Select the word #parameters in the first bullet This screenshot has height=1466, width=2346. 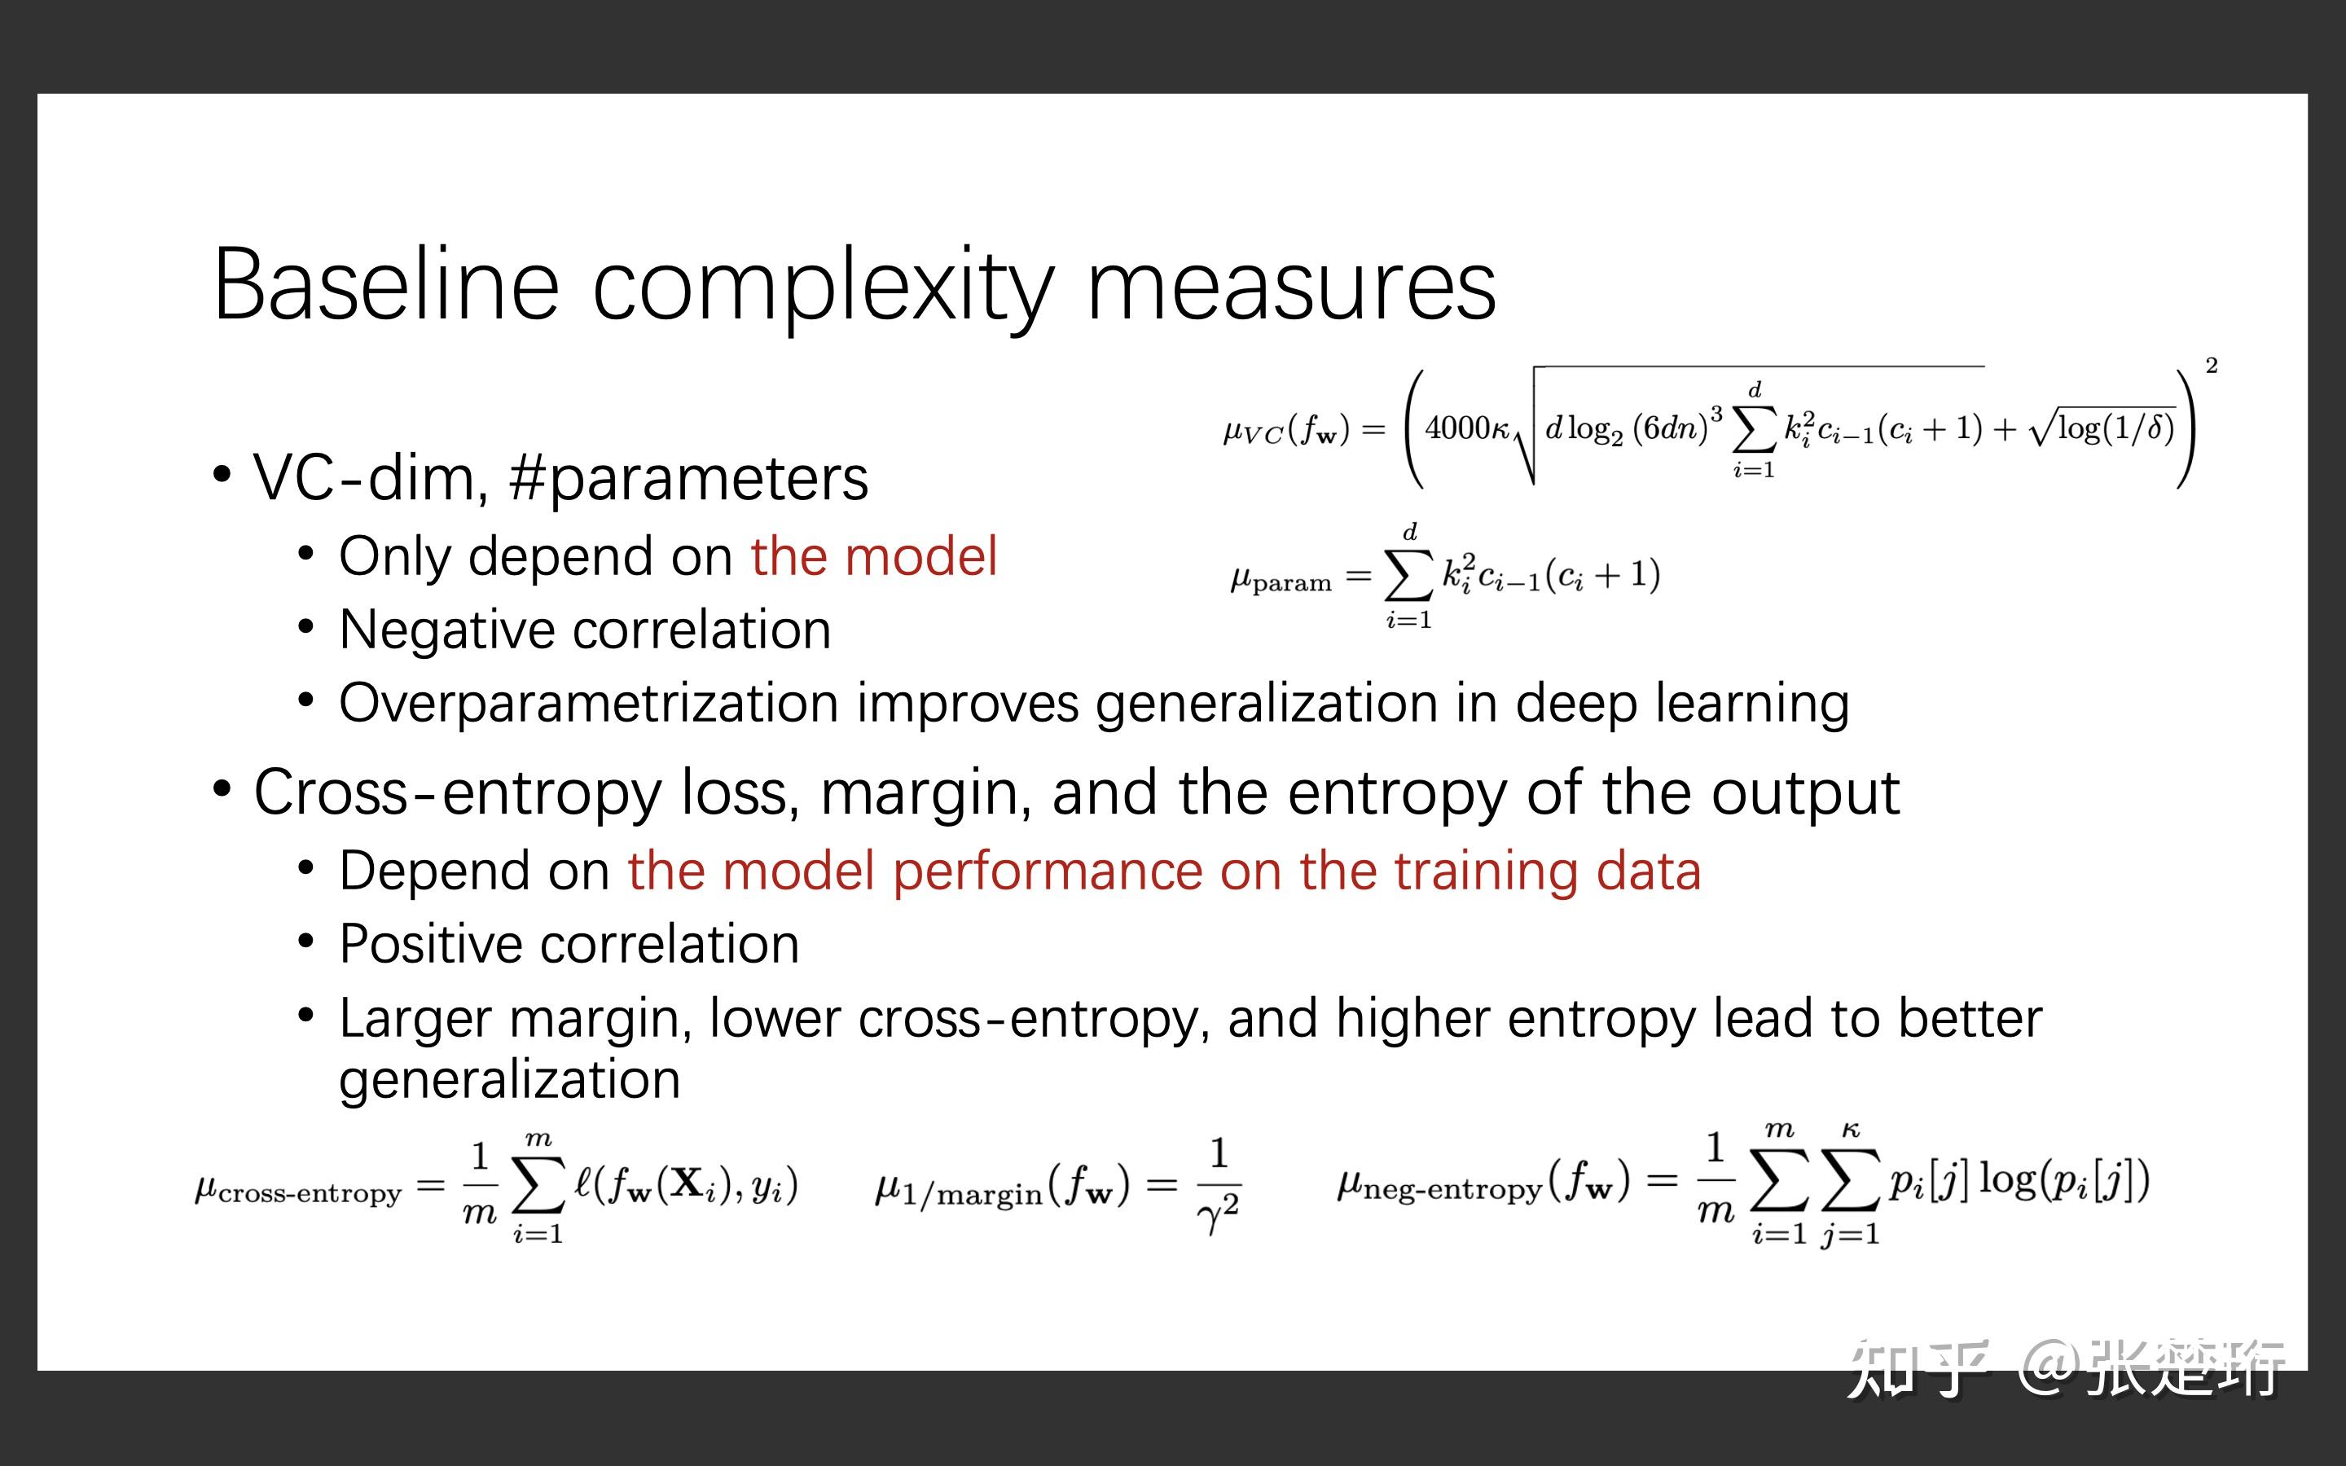click(x=688, y=479)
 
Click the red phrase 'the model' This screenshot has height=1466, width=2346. click(x=873, y=556)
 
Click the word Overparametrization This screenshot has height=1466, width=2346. click(x=588, y=704)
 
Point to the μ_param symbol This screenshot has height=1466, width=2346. click(x=1281, y=580)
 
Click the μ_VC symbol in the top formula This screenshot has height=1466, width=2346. click(x=1254, y=432)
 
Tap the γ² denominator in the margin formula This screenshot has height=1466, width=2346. click(x=1219, y=1212)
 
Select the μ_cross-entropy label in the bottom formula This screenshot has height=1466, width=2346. click(x=297, y=1190)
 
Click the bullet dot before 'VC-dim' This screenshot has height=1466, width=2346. click(x=222, y=475)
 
